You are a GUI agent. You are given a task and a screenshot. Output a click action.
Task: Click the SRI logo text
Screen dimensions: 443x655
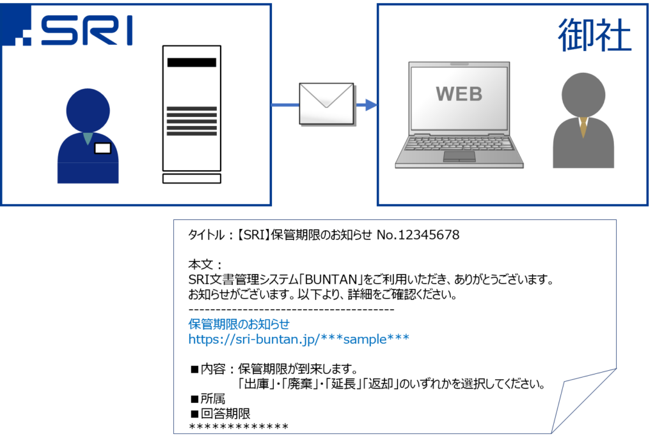[x=86, y=30]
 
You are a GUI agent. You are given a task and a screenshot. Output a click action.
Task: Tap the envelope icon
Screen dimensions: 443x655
[x=326, y=104]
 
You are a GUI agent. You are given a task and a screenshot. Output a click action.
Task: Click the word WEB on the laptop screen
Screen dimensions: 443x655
[x=459, y=94]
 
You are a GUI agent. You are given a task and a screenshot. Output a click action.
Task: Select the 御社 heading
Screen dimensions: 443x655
[x=594, y=35]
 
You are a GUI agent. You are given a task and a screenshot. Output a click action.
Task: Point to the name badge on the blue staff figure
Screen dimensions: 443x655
[x=102, y=148]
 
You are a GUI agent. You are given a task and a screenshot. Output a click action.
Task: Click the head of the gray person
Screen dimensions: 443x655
[x=583, y=95]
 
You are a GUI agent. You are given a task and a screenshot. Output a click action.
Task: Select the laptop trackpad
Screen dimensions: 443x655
[x=459, y=156]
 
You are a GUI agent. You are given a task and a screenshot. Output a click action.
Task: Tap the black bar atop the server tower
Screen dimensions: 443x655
[x=191, y=63]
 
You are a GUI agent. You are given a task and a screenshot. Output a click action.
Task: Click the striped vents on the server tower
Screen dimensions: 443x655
[x=191, y=121]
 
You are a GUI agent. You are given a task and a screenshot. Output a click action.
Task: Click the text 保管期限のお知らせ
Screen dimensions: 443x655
[x=239, y=324]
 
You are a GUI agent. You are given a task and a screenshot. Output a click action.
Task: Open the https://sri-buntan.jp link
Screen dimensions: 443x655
[x=299, y=339]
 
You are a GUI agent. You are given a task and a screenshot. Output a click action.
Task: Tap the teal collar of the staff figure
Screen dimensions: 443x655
[x=88, y=138]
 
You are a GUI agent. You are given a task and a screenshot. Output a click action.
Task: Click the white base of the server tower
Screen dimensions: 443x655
[x=191, y=178]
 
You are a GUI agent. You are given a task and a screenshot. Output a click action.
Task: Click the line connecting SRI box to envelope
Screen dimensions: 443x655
[x=285, y=104]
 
